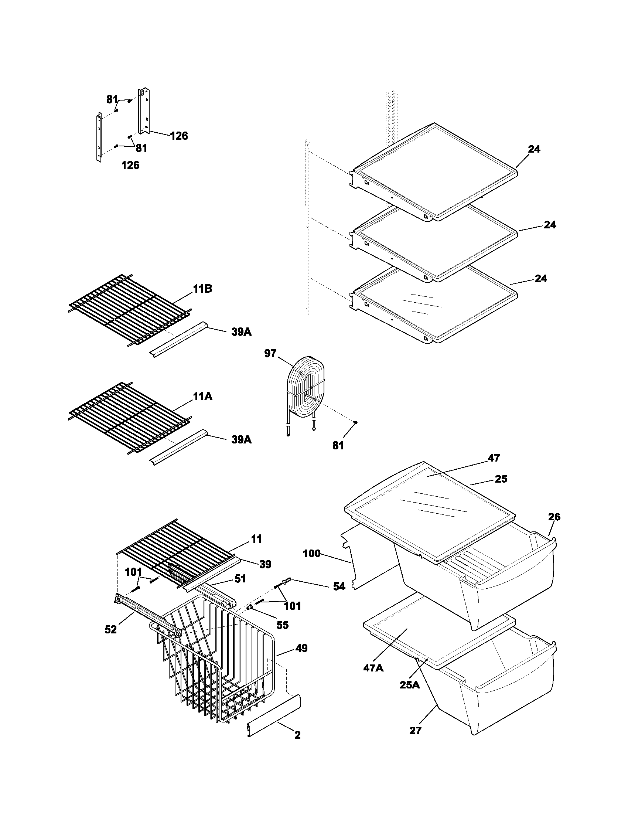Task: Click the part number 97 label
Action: point(270,353)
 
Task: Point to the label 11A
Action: point(202,397)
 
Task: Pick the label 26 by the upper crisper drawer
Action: point(554,517)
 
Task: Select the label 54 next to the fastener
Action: point(338,586)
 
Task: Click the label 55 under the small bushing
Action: point(282,625)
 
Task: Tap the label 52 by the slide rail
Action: point(111,629)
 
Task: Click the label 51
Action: point(240,578)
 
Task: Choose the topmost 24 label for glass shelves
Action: point(534,149)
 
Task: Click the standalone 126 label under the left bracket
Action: point(130,165)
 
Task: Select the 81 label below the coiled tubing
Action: point(338,445)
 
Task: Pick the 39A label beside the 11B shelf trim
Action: point(241,332)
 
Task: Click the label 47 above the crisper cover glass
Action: point(494,458)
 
